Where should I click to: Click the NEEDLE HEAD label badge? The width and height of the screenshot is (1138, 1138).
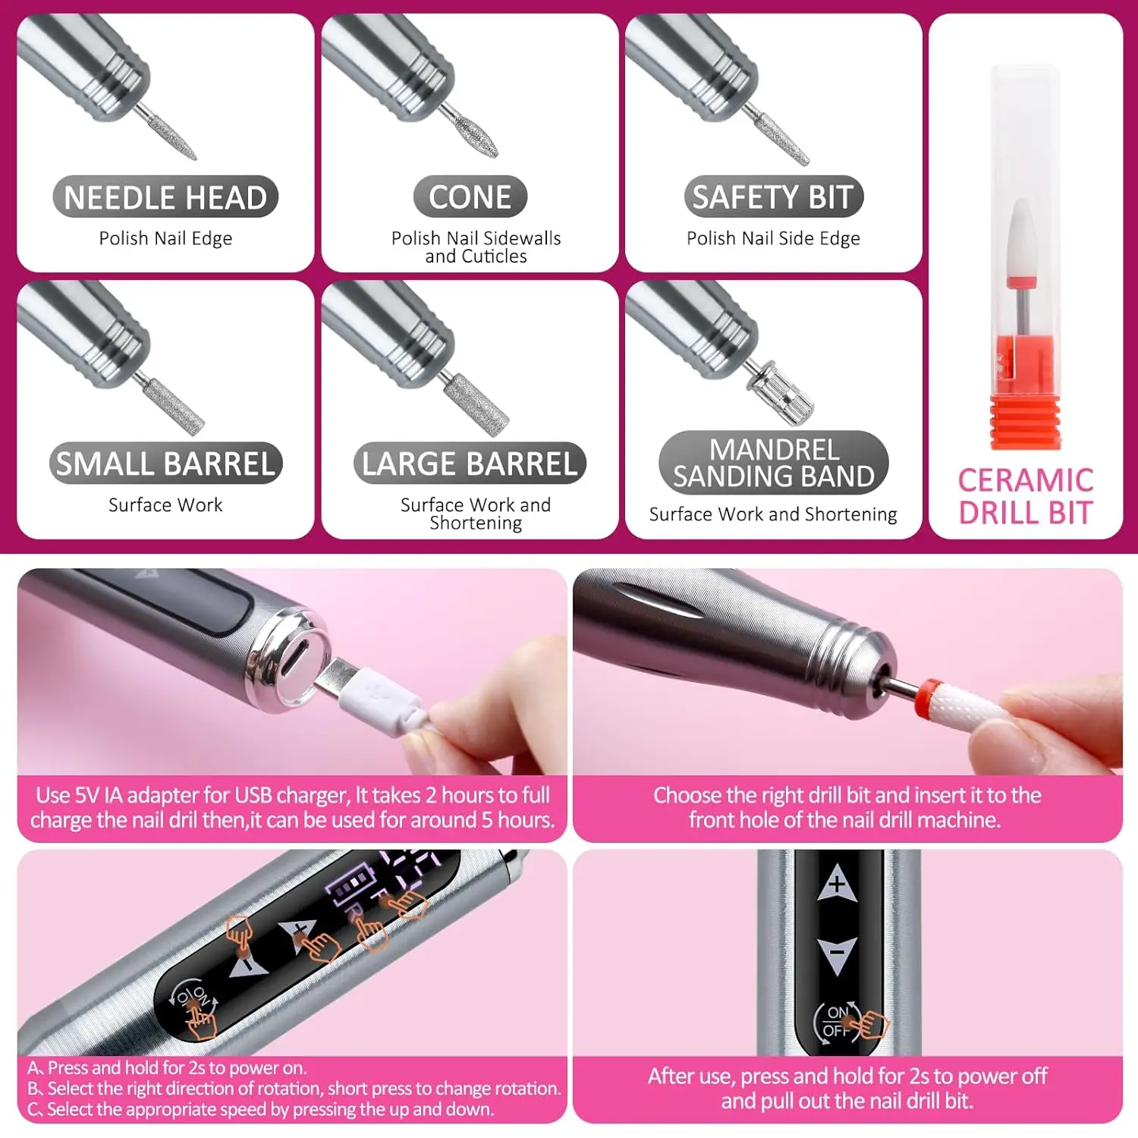pyautogui.click(x=165, y=197)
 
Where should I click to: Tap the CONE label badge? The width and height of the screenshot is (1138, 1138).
pyautogui.click(x=470, y=197)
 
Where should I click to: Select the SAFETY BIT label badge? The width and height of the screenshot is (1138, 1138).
pyautogui.click(x=773, y=197)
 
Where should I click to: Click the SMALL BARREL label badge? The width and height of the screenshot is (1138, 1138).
pyautogui.click(x=165, y=464)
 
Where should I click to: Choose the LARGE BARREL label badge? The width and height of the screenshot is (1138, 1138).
pyautogui.click(x=470, y=464)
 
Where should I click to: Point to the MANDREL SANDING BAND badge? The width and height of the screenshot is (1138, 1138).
pyautogui.click(x=773, y=463)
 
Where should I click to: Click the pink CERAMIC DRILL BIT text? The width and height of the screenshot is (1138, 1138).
pyautogui.click(x=1025, y=497)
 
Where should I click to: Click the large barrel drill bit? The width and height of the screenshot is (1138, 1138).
pyautogui.click(x=476, y=403)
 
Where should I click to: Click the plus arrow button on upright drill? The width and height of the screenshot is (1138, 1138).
pyautogui.click(x=837, y=883)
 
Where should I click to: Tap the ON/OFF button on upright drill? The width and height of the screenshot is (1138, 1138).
pyautogui.click(x=838, y=1020)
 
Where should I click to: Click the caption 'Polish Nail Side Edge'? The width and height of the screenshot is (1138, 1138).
pyautogui.click(x=773, y=238)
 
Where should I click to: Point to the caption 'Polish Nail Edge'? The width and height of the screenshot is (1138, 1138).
pyautogui.click(x=165, y=238)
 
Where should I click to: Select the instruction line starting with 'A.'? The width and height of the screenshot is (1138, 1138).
pyautogui.click(x=167, y=1067)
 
